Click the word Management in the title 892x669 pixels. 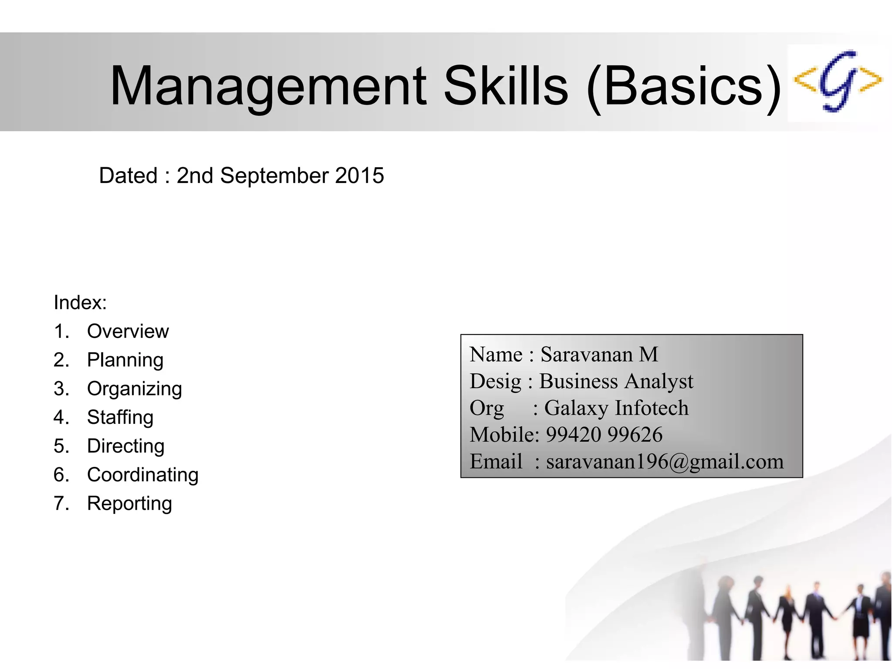268,86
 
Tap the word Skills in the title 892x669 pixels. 506,86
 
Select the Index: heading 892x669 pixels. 80,302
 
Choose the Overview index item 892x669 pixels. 128,331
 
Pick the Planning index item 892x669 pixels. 125,360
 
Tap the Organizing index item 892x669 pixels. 134,389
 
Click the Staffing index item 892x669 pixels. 120,417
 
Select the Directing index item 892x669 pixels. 125,446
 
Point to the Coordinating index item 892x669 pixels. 142,475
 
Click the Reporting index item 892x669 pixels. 129,503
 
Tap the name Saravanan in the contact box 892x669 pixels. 586,355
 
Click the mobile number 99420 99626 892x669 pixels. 604,435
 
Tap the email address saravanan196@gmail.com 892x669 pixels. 665,461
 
